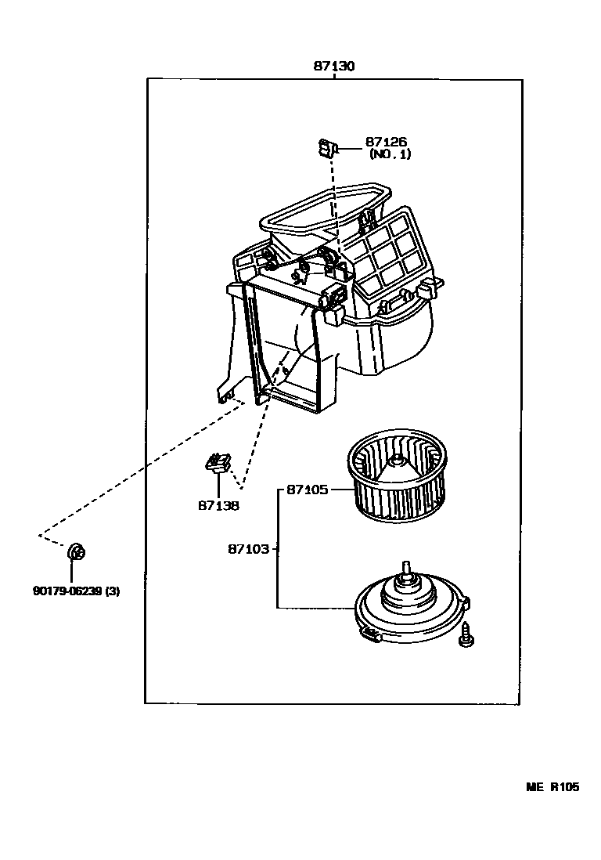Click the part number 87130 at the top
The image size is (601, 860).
(x=334, y=67)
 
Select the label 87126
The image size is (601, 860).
(x=386, y=142)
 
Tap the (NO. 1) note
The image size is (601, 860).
(x=390, y=154)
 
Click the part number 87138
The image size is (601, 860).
(x=218, y=505)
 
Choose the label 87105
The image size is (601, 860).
(x=307, y=490)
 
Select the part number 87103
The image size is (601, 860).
(x=249, y=550)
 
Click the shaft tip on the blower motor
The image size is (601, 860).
(x=405, y=566)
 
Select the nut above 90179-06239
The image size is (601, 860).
(x=77, y=552)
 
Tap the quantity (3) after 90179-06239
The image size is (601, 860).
(x=112, y=591)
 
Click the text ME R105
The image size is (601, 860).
(x=552, y=787)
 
